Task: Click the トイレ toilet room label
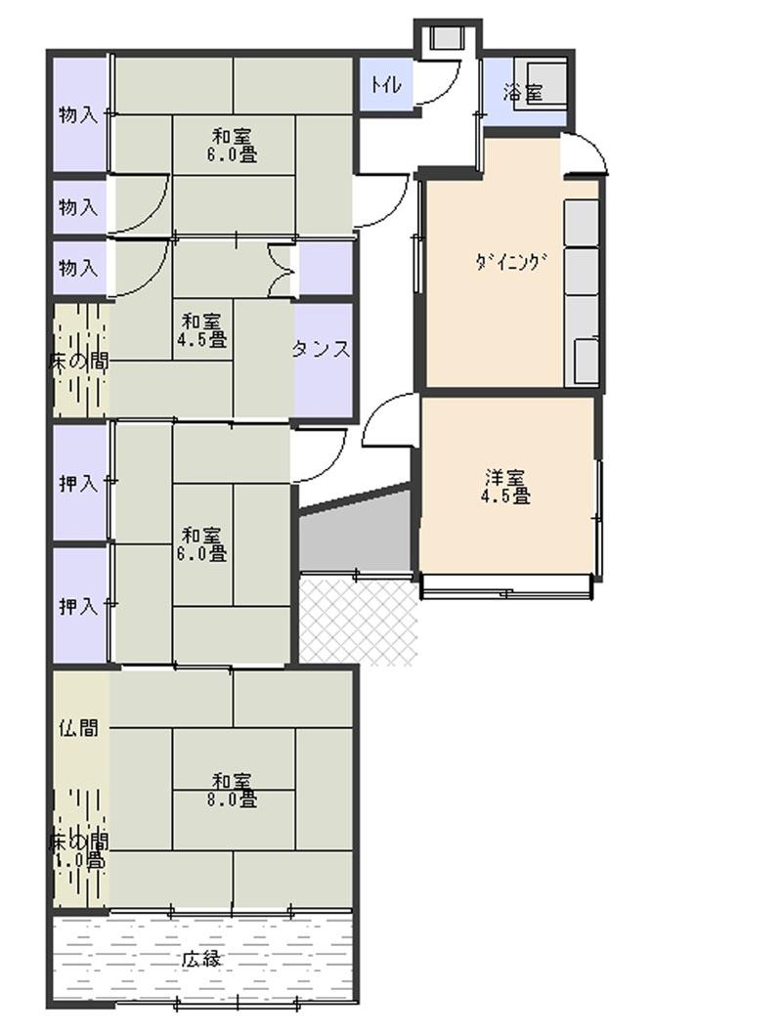pyautogui.click(x=384, y=85)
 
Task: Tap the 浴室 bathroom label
pyautogui.click(x=523, y=94)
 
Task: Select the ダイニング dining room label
pyautogui.click(x=507, y=261)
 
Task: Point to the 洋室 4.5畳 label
pyautogui.click(x=507, y=487)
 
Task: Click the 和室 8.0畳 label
pyautogui.click(x=234, y=790)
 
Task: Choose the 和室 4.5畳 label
pyautogui.click(x=202, y=330)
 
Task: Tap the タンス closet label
pyautogui.click(x=322, y=350)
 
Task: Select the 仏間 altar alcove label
pyautogui.click(x=78, y=727)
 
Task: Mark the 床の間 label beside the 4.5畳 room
pyautogui.click(x=78, y=361)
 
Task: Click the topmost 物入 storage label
pyautogui.click(x=78, y=114)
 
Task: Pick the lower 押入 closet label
pyautogui.click(x=78, y=606)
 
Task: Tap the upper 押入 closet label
pyautogui.click(x=78, y=483)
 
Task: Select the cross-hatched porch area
pyautogui.click(x=358, y=621)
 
